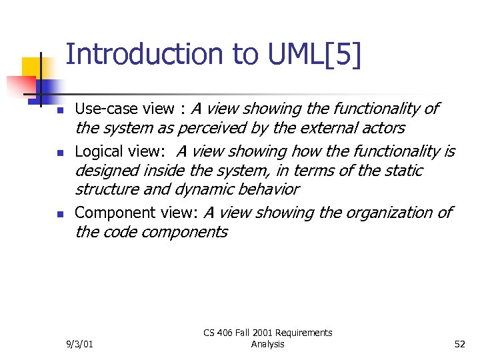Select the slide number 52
tap(459, 344)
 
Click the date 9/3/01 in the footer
tap(80, 344)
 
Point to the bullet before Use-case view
tap(59, 110)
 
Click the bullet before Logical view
tap(59, 153)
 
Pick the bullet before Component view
tap(59, 215)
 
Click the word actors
tap(383, 128)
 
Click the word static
tap(403, 171)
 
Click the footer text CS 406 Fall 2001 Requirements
tap(268, 333)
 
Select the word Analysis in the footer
tap(268, 344)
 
